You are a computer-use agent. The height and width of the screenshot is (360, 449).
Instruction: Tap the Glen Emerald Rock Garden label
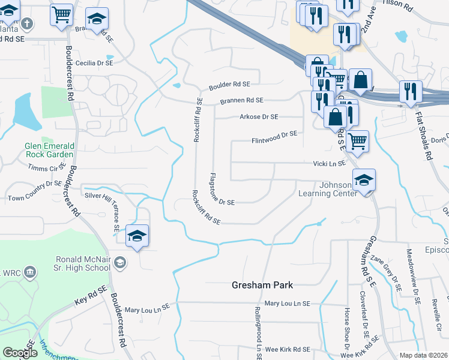[x=50, y=150]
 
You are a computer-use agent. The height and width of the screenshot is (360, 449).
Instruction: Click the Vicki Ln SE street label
[x=330, y=163]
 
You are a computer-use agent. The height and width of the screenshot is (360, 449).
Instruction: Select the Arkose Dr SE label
[x=259, y=116]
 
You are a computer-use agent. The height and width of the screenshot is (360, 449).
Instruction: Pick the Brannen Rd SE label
[x=241, y=101]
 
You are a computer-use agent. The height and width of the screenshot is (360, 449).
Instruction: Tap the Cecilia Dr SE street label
[x=95, y=62]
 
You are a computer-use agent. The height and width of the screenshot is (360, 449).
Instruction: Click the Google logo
[x=20, y=353]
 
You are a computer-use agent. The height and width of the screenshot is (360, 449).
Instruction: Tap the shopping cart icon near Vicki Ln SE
[x=357, y=141]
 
